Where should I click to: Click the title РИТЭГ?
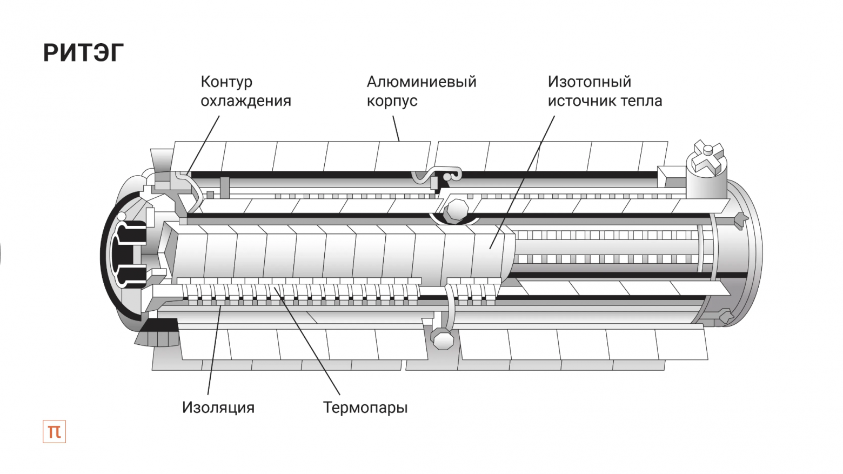click(83, 52)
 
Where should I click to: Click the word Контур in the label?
click(226, 82)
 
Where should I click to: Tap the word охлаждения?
click(245, 101)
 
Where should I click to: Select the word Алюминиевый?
click(421, 82)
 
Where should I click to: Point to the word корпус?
click(392, 101)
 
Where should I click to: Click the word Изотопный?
click(589, 82)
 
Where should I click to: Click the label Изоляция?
click(218, 407)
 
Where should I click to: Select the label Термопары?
click(365, 407)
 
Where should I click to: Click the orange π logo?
click(54, 431)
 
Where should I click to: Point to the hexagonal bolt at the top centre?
click(457, 210)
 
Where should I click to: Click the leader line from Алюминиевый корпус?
click(396, 129)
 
